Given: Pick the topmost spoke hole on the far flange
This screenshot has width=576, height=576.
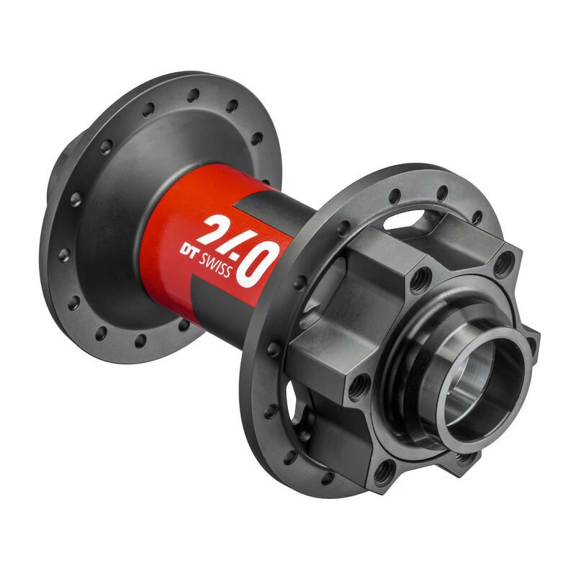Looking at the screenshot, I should tap(193, 94).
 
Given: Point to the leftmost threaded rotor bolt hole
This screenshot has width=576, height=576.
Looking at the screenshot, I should tap(358, 390).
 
